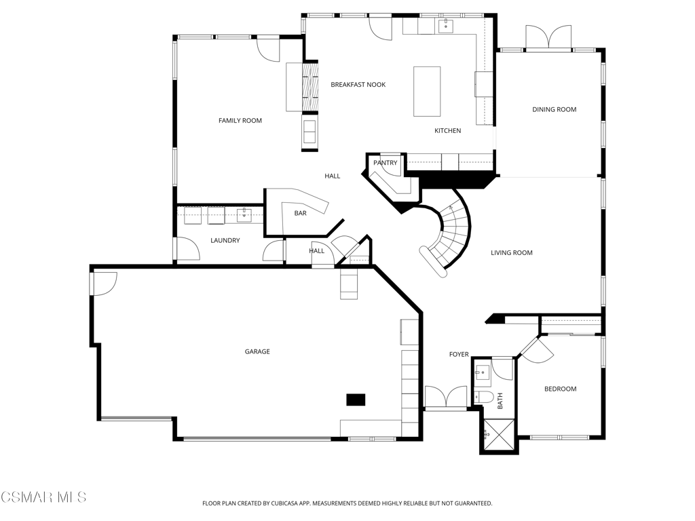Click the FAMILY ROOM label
pyautogui.click(x=240, y=121)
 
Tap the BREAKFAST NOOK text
pyautogui.click(x=358, y=85)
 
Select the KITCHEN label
pyautogui.click(x=448, y=131)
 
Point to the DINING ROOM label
pyautogui.click(x=554, y=109)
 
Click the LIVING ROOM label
pyautogui.click(x=512, y=253)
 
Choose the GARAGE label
pyautogui.click(x=257, y=352)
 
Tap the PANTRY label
pyautogui.click(x=386, y=163)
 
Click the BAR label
pyautogui.click(x=301, y=214)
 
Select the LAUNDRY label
pyautogui.click(x=225, y=241)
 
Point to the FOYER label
pyautogui.click(x=459, y=354)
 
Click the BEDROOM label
pyautogui.click(x=560, y=389)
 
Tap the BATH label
pyautogui.click(x=500, y=401)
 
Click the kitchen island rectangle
pyautogui.click(x=427, y=92)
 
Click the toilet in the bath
pyautogui.click(x=483, y=396)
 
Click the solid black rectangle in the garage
pyautogui.click(x=356, y=400)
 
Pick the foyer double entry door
pyautogui.click(x=446, y=396)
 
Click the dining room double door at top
pyautogui.click(x=548, y=37)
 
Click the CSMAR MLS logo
pyautogui.click(x=43, y=497)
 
